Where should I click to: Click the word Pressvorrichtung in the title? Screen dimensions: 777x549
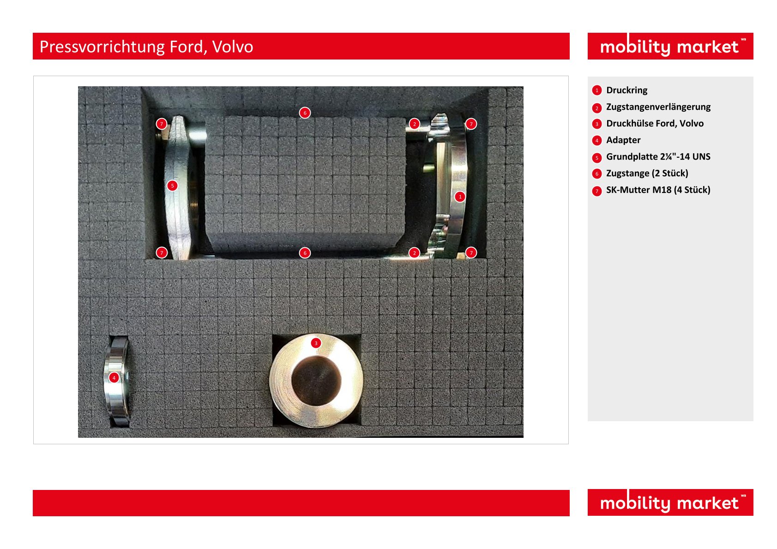point(102,47)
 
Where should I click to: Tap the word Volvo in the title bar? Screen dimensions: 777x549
point(232,47)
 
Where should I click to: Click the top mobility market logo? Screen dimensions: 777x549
point(670,46)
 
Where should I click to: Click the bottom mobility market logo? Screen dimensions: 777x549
point(670,502)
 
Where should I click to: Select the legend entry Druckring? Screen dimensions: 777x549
point(626,90)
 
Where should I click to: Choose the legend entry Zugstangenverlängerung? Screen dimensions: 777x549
point(658,107)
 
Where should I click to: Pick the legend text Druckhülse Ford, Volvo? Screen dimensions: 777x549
point(655,123)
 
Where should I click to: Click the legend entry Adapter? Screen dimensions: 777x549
point(623,140)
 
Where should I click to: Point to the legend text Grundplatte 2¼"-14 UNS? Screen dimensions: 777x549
point(658,157)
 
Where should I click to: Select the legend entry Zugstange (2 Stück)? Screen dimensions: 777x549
point(647,173)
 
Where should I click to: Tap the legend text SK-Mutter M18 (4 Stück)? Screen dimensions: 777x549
point(658,190)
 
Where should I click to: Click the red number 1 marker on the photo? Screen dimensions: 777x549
point(460,197)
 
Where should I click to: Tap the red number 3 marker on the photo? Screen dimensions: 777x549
point(316,343)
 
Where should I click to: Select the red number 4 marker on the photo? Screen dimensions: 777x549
point(114,378)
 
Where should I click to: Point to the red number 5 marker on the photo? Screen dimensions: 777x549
point(172,186)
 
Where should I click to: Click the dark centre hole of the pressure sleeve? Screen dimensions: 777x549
point(316,381)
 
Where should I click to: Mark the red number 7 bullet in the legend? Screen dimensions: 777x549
point(596,191)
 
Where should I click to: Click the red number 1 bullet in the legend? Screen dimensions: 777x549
point(596,90)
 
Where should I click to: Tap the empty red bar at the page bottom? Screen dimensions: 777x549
point(301,503)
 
